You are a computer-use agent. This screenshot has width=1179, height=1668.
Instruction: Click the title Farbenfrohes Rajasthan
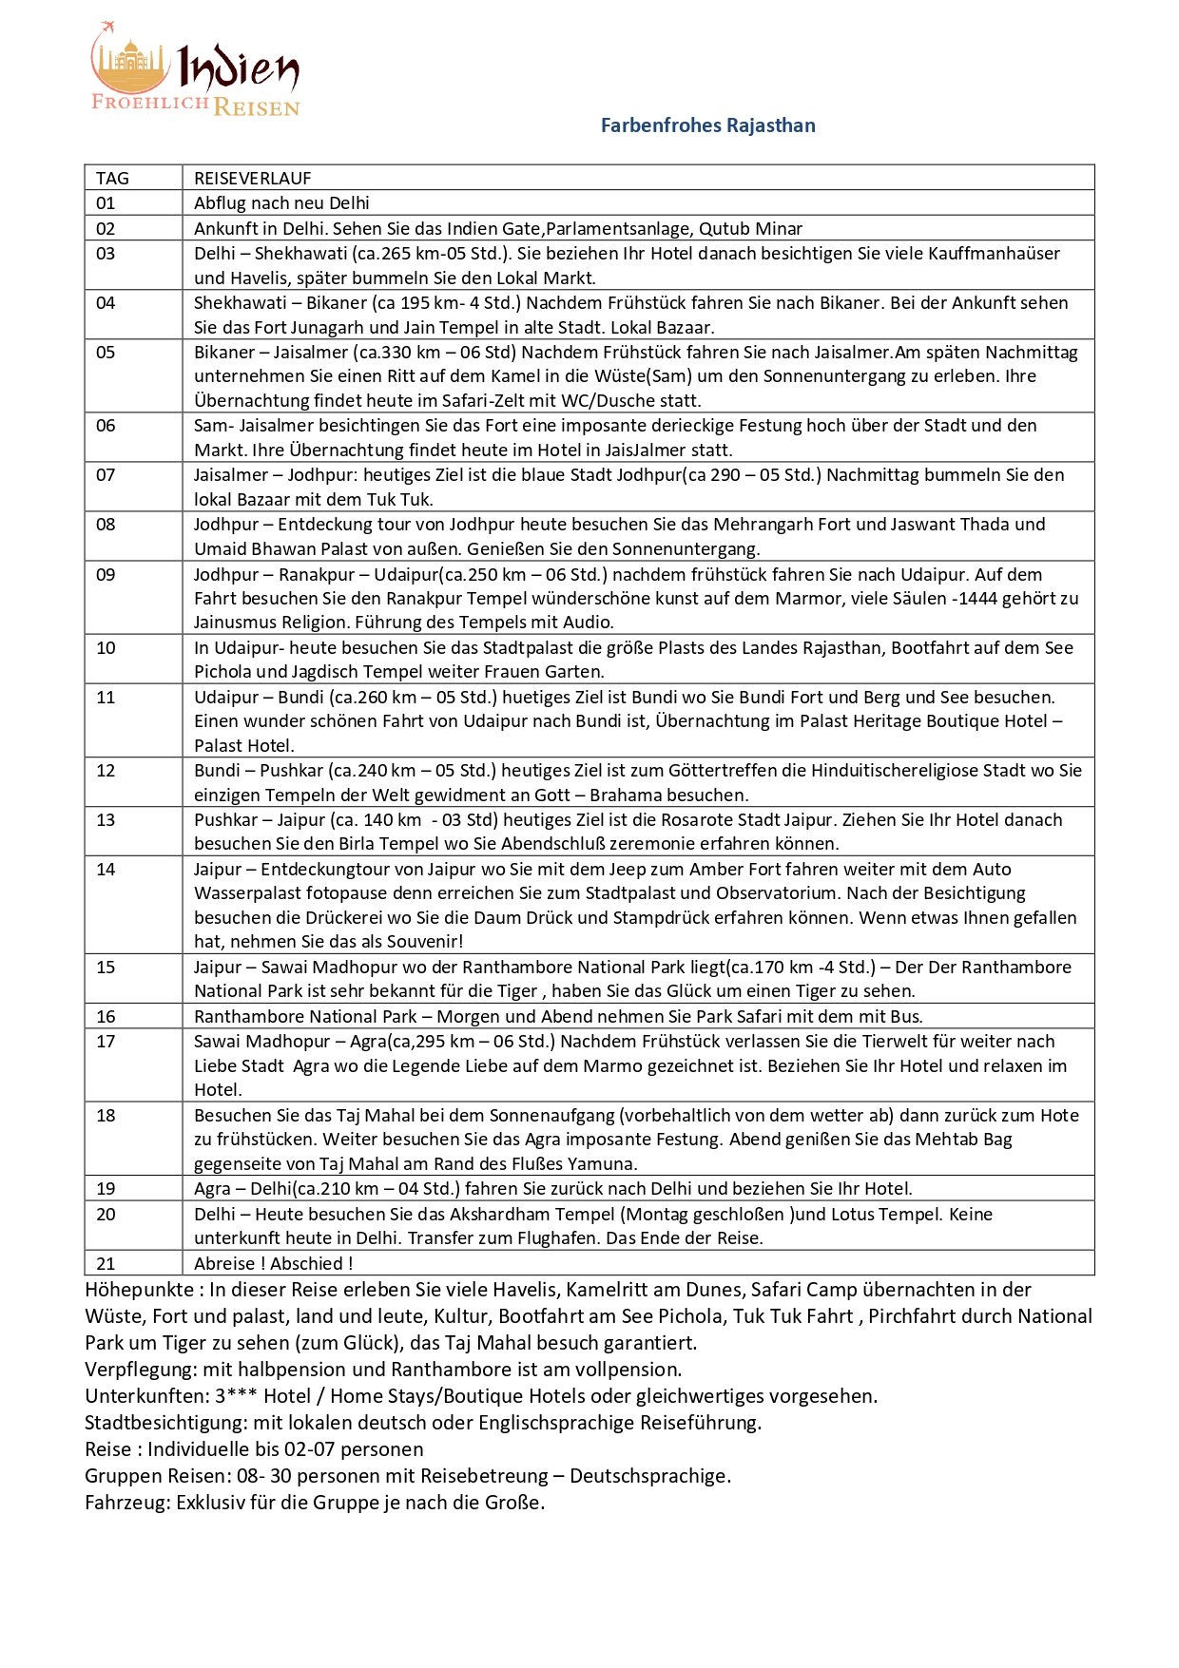pos(707,125)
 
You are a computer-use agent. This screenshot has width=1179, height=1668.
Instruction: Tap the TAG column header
pos(112,178)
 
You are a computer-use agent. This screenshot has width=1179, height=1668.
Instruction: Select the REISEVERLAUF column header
pos(252,178)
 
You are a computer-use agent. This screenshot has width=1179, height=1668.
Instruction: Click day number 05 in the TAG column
pos(106,353)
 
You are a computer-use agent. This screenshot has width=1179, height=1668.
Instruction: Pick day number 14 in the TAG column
pos(106,869)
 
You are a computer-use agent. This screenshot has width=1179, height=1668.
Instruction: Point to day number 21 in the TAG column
pos(106,1263)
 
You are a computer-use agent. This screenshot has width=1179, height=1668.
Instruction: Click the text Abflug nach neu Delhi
pos(281,202)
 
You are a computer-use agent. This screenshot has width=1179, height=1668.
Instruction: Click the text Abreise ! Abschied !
pos(273,1263)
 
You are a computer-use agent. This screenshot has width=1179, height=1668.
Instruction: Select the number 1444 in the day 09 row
pos(988,598)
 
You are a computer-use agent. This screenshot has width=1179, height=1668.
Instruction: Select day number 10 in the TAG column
pos(106,648)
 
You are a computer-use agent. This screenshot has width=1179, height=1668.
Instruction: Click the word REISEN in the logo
pos(257,107)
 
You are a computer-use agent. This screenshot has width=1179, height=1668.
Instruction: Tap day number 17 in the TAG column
pos(106,1042)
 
